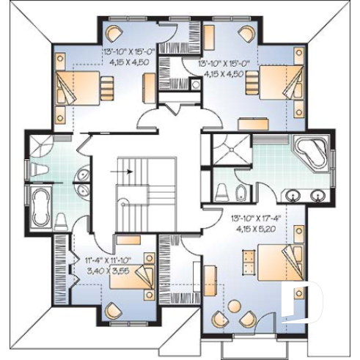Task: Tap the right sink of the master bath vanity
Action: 318,196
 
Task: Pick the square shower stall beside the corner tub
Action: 231,151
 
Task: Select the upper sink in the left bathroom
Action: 81,176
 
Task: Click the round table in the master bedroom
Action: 236,309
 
